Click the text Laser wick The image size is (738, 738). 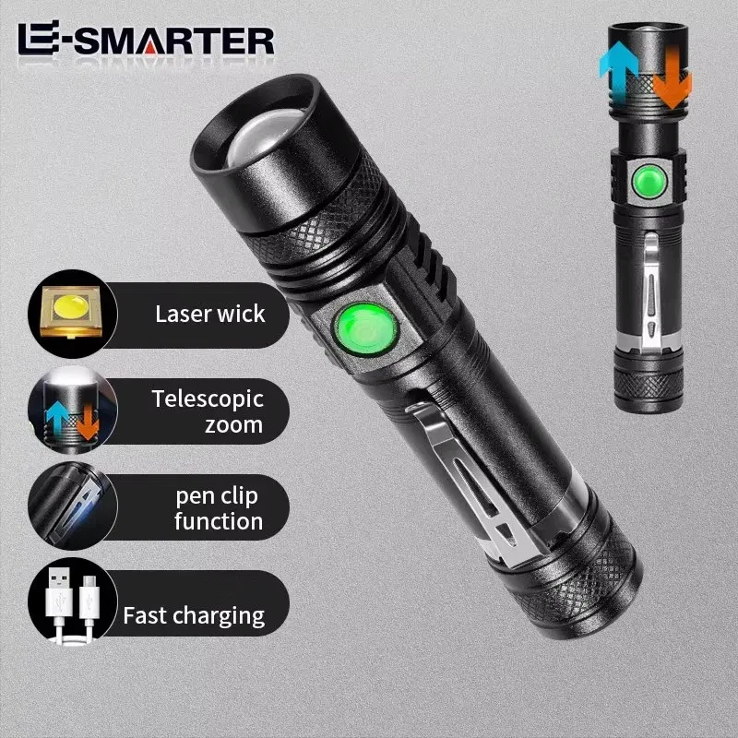click(209, 314)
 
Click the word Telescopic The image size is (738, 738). click(208, 399)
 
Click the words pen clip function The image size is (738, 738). click(219, 508)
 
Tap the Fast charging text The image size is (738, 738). click(195, 614)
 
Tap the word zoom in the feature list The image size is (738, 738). click(234, 425)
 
